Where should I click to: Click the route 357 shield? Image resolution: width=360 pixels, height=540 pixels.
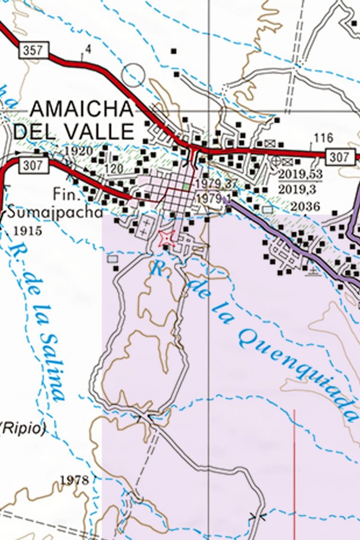(34, 50)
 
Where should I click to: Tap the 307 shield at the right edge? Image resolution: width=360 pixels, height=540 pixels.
(340, 157)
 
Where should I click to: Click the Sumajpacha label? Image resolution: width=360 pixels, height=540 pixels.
(54, 213)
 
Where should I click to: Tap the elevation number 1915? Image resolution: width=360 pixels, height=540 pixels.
(28, 231)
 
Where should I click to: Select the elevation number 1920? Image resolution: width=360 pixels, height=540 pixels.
(79, 151)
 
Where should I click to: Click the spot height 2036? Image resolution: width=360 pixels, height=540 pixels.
(305, 207)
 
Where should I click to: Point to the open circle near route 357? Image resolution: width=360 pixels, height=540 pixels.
(133, 75)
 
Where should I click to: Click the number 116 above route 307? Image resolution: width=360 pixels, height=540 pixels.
(323, 138)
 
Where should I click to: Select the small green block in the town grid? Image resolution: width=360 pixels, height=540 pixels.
(187, 187)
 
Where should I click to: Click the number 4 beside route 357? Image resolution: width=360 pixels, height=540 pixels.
(89, 49)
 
